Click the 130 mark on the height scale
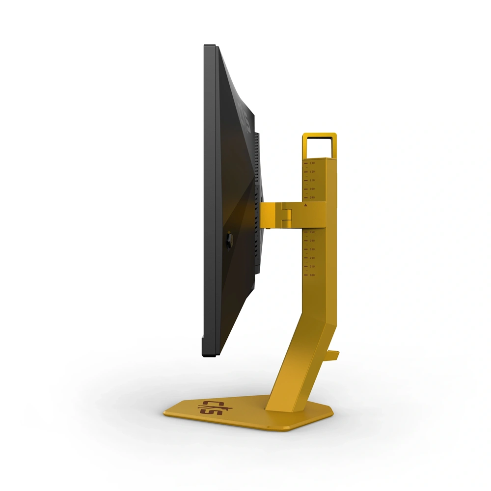312,163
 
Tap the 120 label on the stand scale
312,171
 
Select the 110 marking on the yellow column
312,180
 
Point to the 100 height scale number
312,189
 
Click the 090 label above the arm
312,197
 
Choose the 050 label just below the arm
312,232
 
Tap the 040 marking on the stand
312,241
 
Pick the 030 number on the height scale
312,249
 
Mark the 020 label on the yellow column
312,258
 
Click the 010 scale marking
312,267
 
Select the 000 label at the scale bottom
312,275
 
